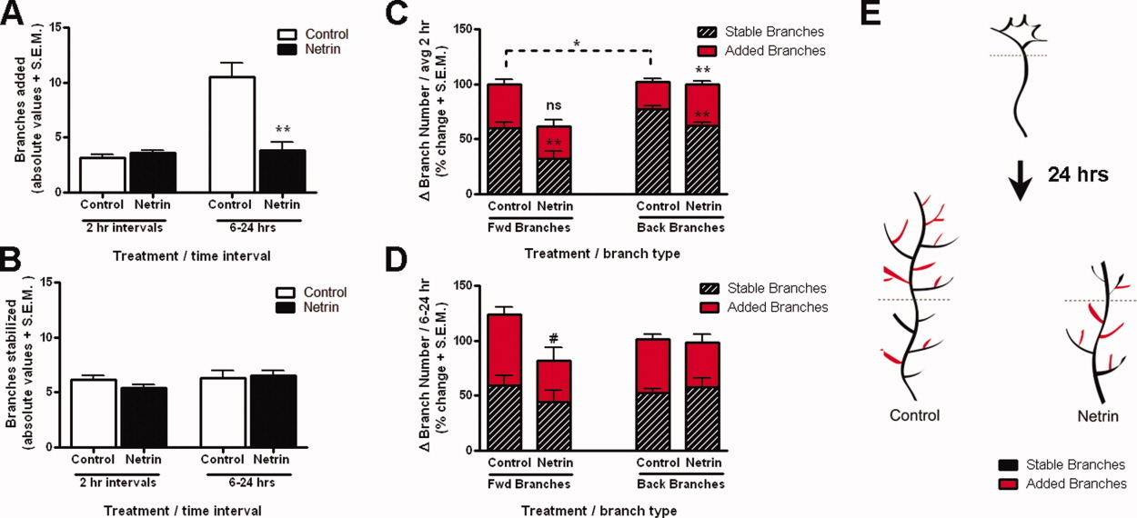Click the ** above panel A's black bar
(282, 130)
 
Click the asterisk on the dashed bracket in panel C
(578, 43)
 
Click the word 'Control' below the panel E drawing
(915, 414)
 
